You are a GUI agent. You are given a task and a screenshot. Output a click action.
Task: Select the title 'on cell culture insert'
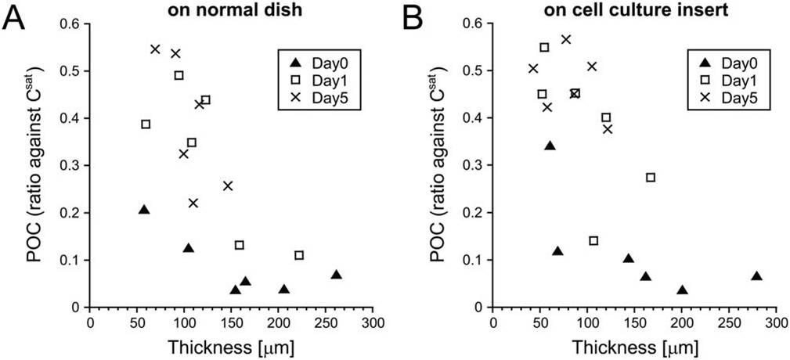point(633,9)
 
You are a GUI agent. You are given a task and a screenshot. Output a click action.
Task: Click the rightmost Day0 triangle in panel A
point(336,275)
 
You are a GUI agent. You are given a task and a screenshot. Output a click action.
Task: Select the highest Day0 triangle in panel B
point(550,146)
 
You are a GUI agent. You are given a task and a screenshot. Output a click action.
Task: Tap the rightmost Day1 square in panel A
point(299,255)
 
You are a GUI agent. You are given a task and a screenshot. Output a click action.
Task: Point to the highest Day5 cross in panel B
point(566,39)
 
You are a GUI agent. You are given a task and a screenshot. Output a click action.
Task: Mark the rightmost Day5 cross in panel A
point(228,185)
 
